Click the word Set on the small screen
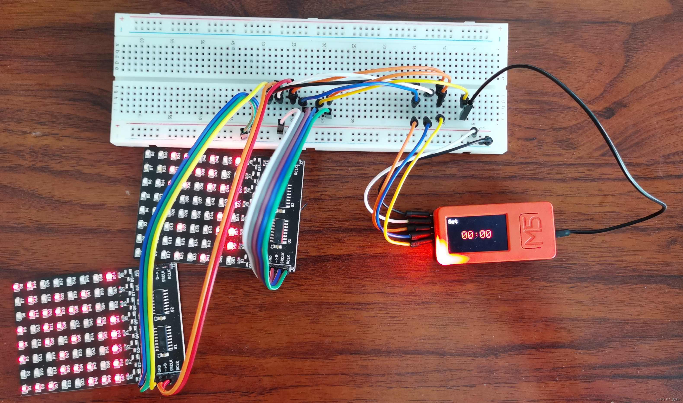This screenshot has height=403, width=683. coord(453,221)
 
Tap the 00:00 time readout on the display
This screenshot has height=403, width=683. coord(477,234)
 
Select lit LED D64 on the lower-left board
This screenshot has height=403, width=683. coord(109,277)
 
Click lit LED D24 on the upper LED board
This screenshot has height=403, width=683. coord(174,156)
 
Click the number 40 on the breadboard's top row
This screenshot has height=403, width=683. coord(263,43)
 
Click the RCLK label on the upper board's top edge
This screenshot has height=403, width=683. coord(296,170)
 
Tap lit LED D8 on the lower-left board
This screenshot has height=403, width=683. coord(16,286)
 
